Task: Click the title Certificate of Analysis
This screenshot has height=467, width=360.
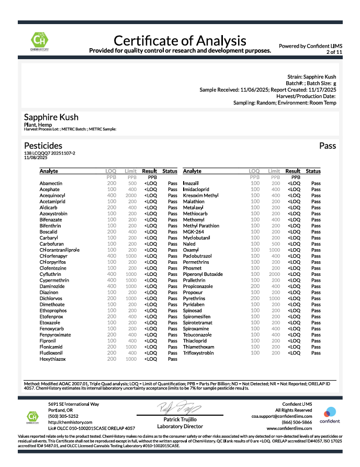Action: coord(180,40)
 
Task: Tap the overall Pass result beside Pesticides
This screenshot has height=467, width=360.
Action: coord(328,146)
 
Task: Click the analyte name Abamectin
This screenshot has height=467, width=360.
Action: coord(51,184)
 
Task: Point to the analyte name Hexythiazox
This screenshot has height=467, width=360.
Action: coord(52,359)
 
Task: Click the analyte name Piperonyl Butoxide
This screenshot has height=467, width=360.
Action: coord(203,274)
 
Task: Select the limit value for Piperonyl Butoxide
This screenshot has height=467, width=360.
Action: coord(274,274)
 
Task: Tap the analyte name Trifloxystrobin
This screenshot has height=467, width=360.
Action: coord(198,353)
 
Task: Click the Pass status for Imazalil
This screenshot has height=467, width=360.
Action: coord(316,184)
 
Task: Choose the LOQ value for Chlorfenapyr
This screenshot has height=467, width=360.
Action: coord(112,256)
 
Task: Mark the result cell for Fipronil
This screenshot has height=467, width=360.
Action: coord(151,341)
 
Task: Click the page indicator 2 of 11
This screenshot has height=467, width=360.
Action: coord(334,52)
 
